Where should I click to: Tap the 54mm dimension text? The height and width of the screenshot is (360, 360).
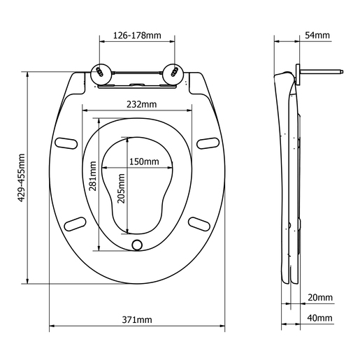[317, 35]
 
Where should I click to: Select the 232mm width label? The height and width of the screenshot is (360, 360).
[137, 104]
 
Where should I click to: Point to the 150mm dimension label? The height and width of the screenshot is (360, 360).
[143, 161]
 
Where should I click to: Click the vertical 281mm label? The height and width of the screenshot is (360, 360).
[92, 179]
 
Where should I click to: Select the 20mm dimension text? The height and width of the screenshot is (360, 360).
[319, 297]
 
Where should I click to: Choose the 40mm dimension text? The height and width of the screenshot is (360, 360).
[319, 318]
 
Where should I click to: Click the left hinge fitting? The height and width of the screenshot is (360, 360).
[102, 72]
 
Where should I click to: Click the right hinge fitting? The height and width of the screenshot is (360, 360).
[172, 72]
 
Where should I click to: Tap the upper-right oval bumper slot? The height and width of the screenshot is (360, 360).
[206, 143]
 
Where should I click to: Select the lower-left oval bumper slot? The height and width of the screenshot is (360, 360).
[75, 223]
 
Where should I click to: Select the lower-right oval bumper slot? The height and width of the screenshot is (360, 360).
[199, 223]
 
